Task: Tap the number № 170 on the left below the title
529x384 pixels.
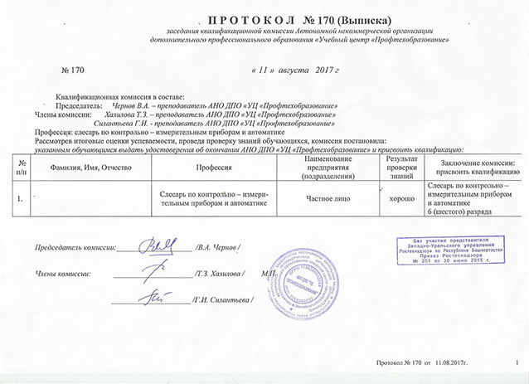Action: click(74, 73)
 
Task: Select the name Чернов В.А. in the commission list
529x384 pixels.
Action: click(132, 106)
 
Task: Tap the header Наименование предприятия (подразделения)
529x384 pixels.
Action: click(329, 167)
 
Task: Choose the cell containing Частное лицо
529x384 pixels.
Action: click(329, 200)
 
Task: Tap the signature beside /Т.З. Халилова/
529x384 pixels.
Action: click(158, 270)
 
